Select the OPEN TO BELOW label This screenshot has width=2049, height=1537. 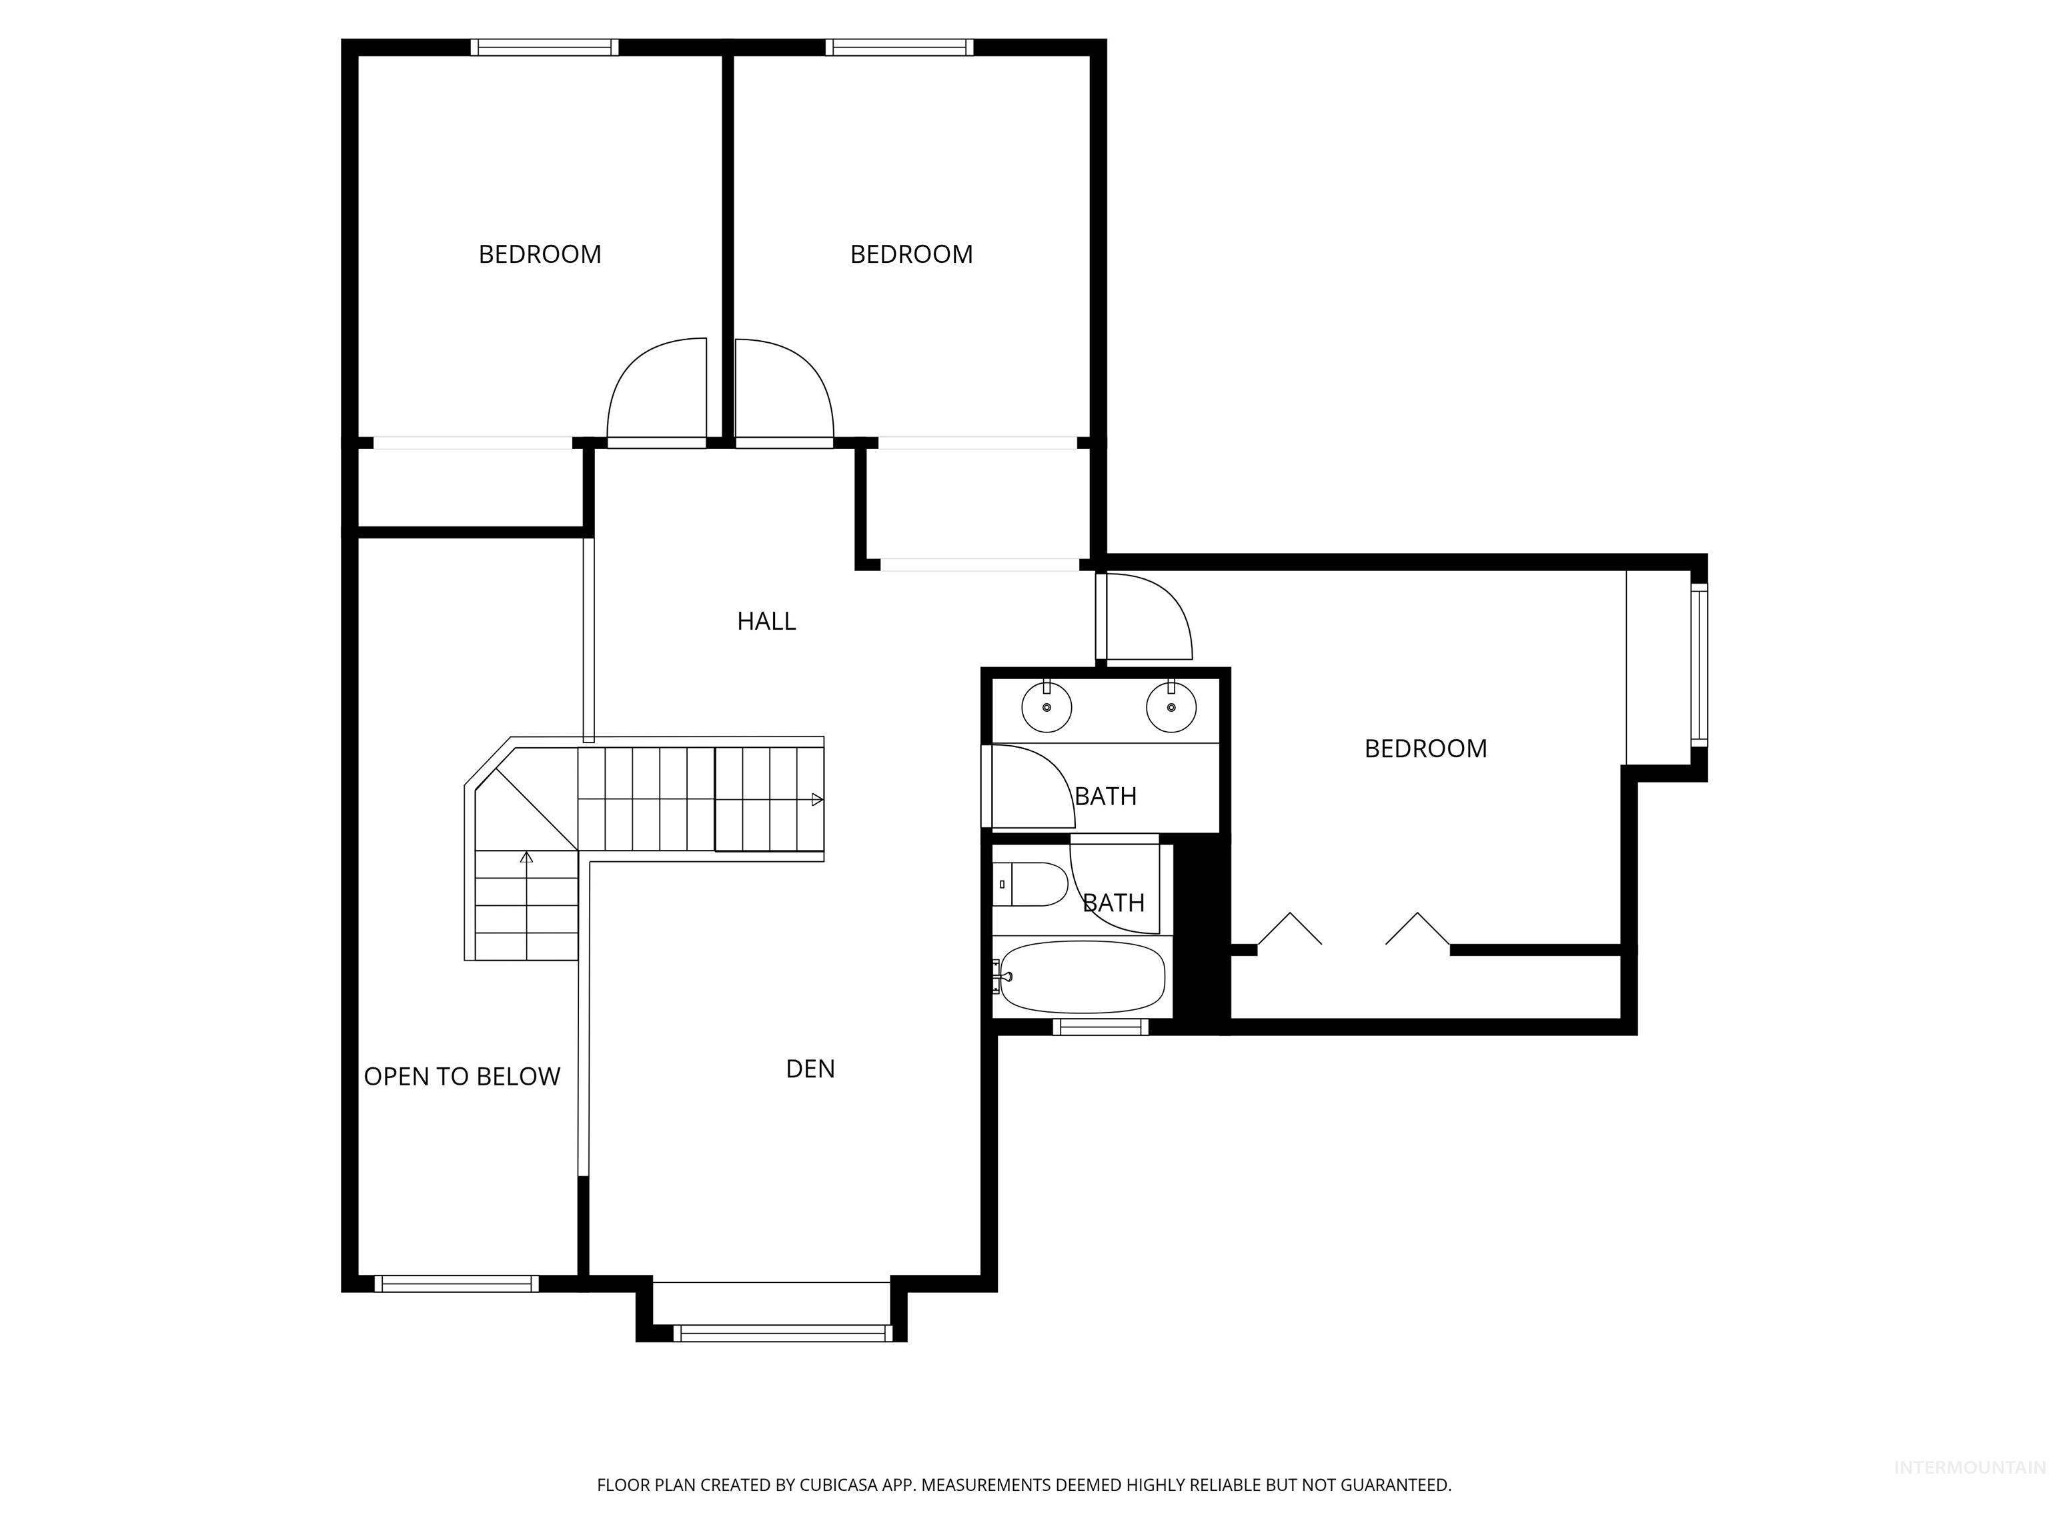(x=462, y=1077)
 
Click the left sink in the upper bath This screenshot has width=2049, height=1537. (x=1047, y=708)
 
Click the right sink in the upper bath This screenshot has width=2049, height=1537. (x=1171, y=708)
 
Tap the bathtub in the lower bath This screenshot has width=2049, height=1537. (x=1082, y=977)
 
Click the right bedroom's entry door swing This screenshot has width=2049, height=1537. (x=1146, y=616)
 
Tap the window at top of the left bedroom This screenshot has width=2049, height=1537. (x=545, y=47)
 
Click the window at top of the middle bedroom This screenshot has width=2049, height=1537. (x=900, y=47)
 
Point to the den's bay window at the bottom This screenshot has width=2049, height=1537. (x=783, y=1333)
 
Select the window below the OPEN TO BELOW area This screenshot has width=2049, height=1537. (x=456, y=1283)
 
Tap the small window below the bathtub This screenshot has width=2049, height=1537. (x=1101, y=1027)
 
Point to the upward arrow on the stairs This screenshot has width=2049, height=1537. (x=526, y=857)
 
